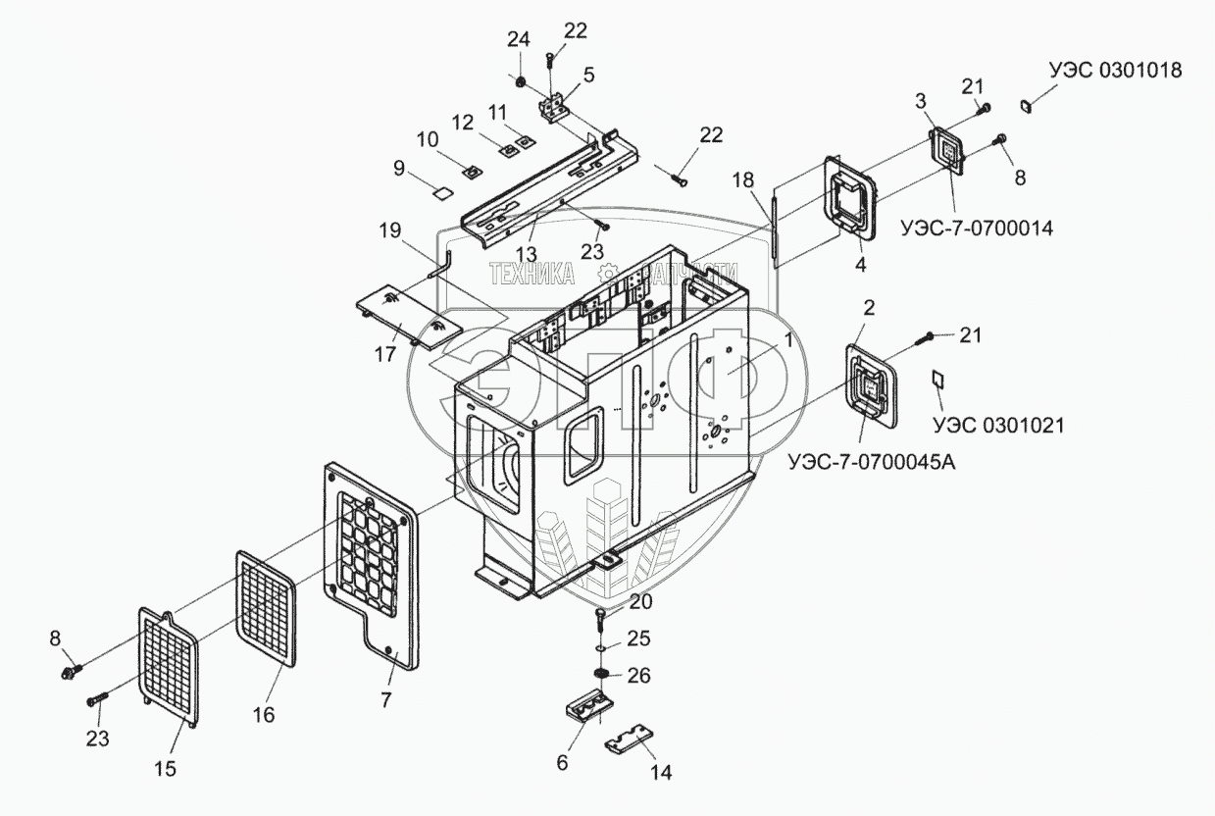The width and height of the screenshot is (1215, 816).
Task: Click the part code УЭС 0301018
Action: click(x=1114, y=71)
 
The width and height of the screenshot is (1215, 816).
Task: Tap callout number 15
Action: click(x=166, y=769)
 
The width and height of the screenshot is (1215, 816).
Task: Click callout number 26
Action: click(x=638, y=676)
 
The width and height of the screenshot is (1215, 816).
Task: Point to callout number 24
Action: click(x=518, y=39)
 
